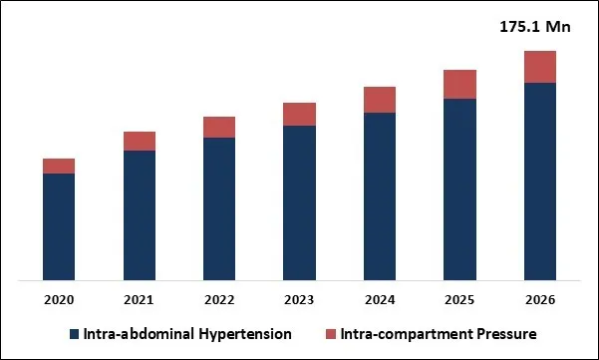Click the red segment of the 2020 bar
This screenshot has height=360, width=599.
(59, 166)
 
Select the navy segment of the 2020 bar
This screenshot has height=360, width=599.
(59, 226)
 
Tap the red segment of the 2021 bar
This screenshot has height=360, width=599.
(139, 141)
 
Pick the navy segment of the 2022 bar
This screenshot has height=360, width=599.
(219, 208)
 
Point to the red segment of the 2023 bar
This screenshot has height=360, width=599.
(299, 114)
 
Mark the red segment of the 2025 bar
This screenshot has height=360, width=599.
(459, 85)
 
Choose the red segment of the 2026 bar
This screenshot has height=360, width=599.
(539, 67)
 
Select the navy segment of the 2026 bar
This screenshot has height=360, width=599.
(539, 180)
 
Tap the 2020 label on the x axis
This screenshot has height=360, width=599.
(59, 300)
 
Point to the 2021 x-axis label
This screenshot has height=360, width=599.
(139, 300)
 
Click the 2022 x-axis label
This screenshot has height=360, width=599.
(219, 300)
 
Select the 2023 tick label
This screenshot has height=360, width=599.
(299, 300)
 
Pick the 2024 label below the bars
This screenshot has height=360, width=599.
(380, 300)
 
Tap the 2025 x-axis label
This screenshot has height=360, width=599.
(459, 300)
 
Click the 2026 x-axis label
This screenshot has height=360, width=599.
(539, 300)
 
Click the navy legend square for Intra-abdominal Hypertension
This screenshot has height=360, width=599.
(73, 334)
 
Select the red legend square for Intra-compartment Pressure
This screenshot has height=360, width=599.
(332, 334)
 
